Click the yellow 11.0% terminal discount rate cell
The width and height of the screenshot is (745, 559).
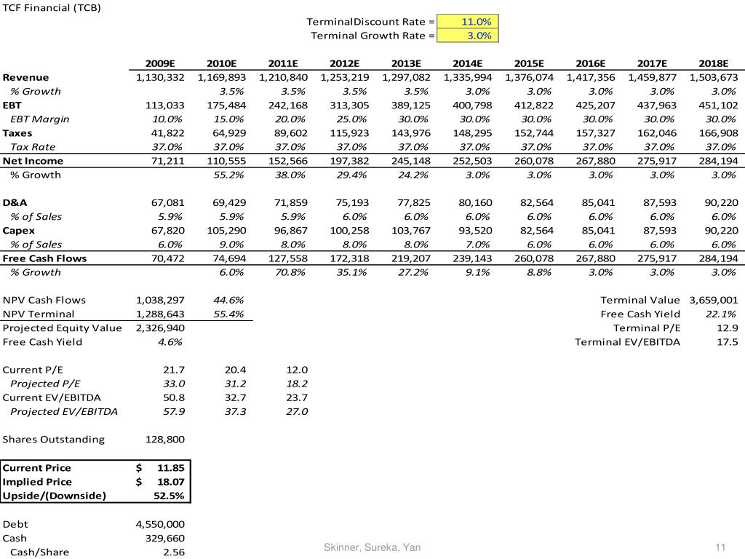(x=468, y=21)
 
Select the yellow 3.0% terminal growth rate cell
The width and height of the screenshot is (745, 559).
(x=468, y=35)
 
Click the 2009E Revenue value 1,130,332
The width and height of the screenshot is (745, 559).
(x=160, y=77)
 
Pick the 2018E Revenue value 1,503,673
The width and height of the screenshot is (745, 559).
(x=713, y=77)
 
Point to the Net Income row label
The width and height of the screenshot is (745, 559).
(x=33, y=161)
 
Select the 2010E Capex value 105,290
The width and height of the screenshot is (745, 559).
(x=226, y=231)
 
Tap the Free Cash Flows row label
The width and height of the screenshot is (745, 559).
(x=44, y=258)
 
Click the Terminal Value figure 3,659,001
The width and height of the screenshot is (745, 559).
(x=713, y=300)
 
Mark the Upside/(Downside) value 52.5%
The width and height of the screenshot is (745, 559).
(x=169, y=496)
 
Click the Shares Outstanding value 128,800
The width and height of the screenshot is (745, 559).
(x=165, y=440)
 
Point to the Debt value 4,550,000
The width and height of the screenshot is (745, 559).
(x=160, y=524)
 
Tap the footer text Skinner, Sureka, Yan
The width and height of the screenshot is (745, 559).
(x=372, y=547)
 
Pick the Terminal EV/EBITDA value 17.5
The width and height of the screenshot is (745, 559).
(x=727, y=342)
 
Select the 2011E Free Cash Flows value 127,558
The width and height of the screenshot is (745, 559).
(x=288, y=258)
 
